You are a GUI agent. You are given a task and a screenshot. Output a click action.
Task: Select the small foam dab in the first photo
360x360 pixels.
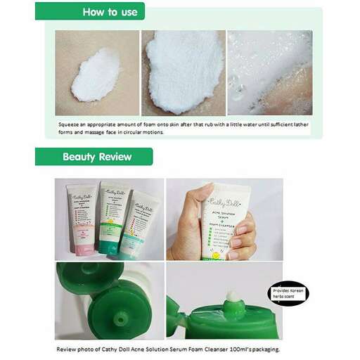tap(97, 75)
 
